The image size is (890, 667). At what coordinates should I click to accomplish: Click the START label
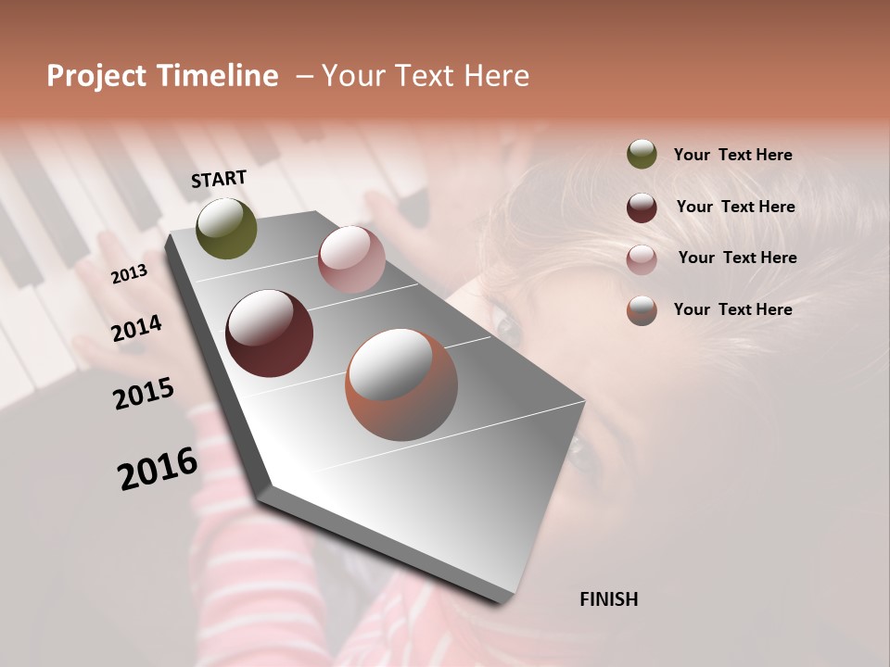(x=219, y=179)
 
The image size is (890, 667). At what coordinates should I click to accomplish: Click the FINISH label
(x=608, y=599)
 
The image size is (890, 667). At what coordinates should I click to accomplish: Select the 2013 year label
(x=129, y=274)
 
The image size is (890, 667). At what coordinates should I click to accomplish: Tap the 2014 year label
(x=137, y=329)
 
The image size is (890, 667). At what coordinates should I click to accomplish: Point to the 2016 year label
(x=158, y=469)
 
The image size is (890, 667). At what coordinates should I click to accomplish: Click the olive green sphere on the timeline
(x=226, y=228)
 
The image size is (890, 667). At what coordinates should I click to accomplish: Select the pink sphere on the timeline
(x=351, y=258)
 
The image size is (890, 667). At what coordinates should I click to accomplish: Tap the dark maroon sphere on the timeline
(x=269, y=333)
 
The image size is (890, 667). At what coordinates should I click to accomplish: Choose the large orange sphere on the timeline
(x=401, y=384)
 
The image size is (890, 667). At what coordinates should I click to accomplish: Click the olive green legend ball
(x=642, y=154)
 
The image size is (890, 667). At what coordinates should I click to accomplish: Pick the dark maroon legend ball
(x=642, y=208)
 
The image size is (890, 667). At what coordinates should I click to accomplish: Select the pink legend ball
(x=642, y=259)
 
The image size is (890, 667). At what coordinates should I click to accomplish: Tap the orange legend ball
(x=642, y=310)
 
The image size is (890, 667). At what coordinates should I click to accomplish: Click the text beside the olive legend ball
(x=732, y=155)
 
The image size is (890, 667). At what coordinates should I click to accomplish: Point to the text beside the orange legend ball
(x=732, y=309)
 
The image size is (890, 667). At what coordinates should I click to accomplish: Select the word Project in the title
(x=96, y=76)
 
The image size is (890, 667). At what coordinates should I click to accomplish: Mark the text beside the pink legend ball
(x=737, y=258)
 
